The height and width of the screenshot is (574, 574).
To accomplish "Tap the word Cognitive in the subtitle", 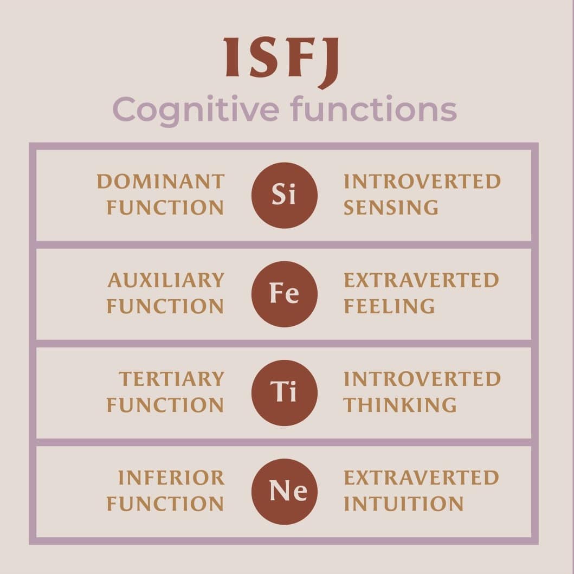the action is pos(196,109).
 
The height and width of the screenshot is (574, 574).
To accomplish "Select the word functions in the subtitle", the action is pos(373,109).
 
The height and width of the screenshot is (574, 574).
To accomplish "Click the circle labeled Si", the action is pos(285,195).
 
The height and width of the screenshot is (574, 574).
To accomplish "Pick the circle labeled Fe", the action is pos(285,294).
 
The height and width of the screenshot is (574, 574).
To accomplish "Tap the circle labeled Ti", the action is pos(285,392).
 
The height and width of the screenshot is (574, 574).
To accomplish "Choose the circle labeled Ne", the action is pos(285,491).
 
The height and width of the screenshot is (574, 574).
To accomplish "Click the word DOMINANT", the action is pos(160,182).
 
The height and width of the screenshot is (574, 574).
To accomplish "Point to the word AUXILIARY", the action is pos(165,280).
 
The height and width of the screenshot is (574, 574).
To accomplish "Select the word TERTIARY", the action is pos(171,379).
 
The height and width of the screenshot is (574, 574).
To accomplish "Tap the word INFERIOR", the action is pos(171,478).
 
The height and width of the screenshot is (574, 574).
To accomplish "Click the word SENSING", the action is pos(391,208).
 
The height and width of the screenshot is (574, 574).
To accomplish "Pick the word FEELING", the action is pos(389,306).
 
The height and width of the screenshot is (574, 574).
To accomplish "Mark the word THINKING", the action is pos(400,405).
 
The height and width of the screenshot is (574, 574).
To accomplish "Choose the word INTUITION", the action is pos(403,504).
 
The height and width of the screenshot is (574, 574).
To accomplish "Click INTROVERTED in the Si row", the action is pos(422,182).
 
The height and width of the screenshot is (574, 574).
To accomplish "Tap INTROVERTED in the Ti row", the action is pos(422,379).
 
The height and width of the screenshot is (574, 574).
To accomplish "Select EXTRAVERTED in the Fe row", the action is pos(421,280).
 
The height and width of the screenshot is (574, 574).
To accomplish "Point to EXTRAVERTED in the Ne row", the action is pos(421,478).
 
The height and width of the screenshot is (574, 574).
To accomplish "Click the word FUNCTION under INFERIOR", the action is pos(165,504).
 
